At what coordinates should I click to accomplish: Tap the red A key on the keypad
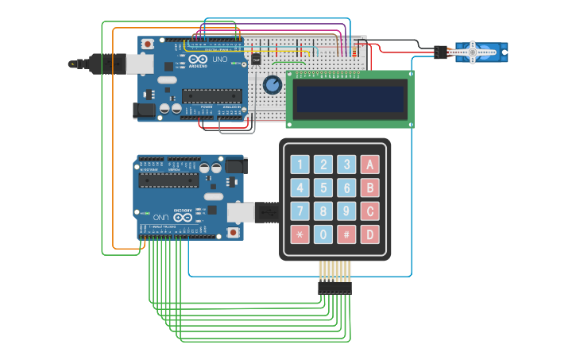click(369, 165)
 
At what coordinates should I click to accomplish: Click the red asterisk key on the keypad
click(300, 234)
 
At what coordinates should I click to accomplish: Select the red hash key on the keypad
click(346, 234)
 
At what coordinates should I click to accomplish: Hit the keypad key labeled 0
click(323, 234)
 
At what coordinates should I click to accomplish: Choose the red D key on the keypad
click(369, 234)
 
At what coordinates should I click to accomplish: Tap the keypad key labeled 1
click(300, 165)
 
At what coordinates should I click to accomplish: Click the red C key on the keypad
click(369, 211)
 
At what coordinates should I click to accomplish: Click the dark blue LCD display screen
click(350, 99)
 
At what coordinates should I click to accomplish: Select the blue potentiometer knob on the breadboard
click(272, 85)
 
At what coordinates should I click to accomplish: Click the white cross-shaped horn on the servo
click(473, 52)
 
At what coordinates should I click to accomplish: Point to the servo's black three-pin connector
click(440, 52)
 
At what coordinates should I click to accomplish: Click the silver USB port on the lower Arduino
click(241, 212)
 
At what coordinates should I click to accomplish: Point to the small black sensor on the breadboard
click(256, 58)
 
